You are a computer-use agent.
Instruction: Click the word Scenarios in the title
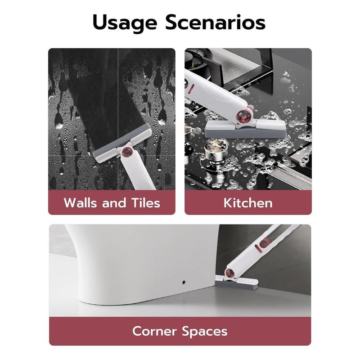click(216, 22)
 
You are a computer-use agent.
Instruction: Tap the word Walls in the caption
click(80, 203)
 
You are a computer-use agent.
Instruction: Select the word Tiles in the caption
click(145, 203)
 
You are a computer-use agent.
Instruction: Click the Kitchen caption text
click(248, 203)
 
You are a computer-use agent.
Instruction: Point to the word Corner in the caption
click(154, 331)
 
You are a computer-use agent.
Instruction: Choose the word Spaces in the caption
click(205, 332)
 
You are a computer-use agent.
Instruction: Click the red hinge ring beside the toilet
click(229, 273)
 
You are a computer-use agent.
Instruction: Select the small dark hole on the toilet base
click(184, 282)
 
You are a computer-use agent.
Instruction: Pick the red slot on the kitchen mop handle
click(191, 89)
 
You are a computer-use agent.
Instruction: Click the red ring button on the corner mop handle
click(265, 243)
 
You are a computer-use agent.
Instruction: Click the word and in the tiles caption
click(114, 203)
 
